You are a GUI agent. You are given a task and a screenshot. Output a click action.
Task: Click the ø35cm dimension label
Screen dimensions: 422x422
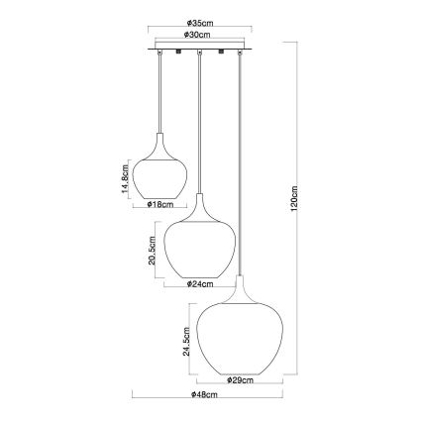[x=202, y=22]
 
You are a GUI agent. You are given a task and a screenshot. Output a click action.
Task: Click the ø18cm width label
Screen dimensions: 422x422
[x=160, y=206]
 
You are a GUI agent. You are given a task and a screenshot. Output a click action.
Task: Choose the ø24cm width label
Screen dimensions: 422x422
[x=201, y=284]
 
